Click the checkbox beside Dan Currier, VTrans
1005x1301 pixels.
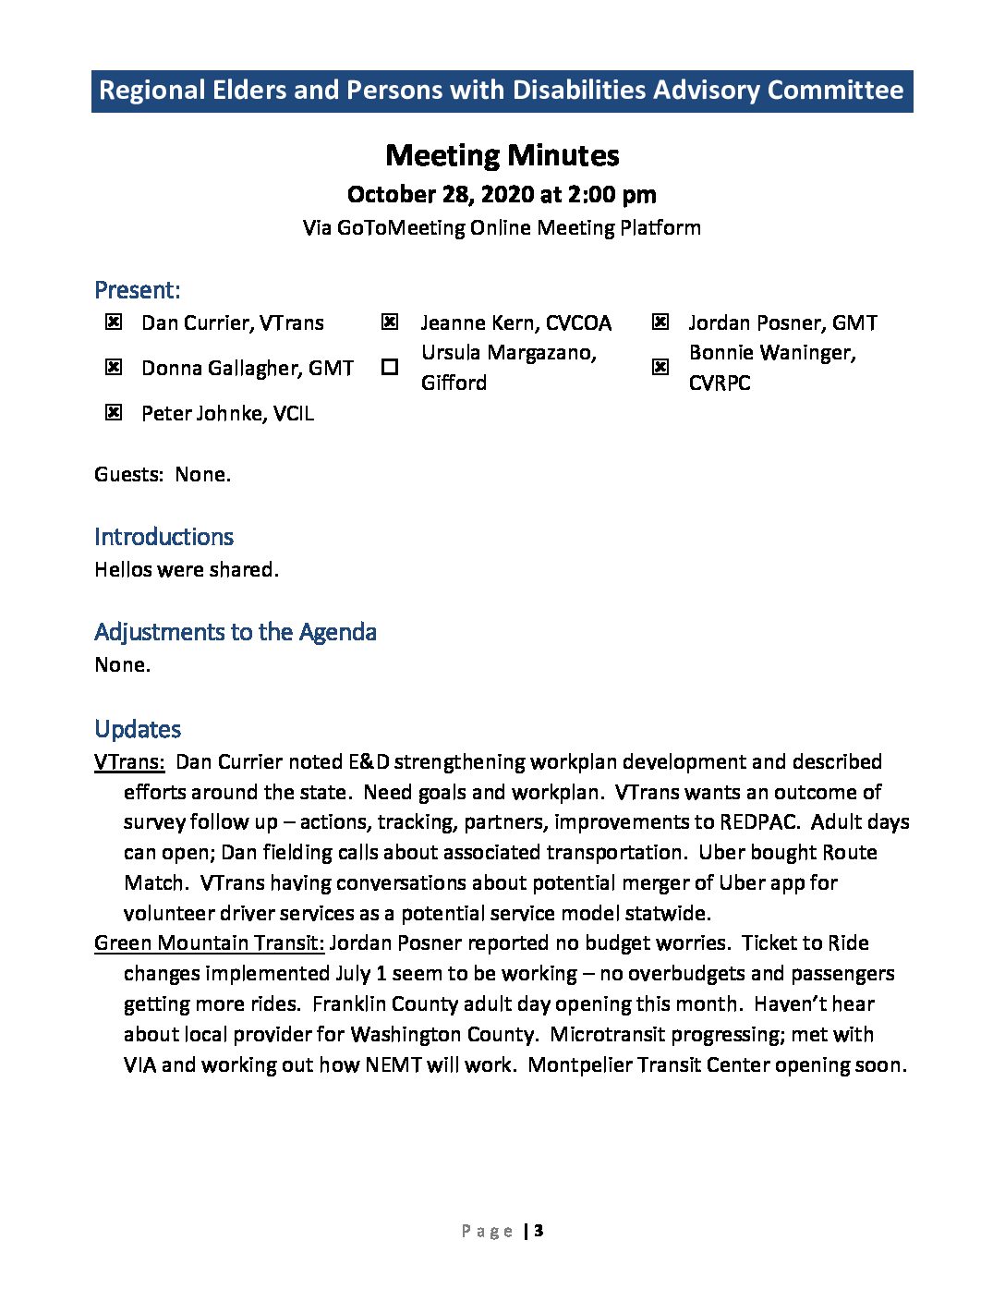tap(113, 322)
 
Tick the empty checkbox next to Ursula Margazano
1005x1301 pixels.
tap(390, 367)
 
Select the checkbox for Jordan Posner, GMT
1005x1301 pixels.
tap(660, 322)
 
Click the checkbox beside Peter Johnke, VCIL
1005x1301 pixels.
tap(113, 412)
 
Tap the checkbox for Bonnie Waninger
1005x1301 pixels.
tap(660, 367)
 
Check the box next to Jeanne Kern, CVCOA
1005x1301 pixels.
tap(390, 322)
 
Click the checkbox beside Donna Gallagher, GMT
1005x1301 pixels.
tap(113, 367)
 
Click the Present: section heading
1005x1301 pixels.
tap(137, 290)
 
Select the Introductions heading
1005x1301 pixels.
tap(163, 537)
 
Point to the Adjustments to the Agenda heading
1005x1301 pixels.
tap(236, 632)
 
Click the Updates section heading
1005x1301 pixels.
tap(138, 729)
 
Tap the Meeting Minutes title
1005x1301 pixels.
tap(502, 155)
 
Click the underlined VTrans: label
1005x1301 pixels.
tap(129, 762)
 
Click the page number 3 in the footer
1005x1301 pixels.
tap(539, 1231)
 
